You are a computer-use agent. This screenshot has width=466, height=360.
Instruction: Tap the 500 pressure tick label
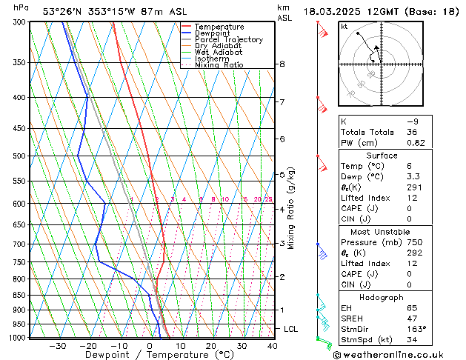click(19, 156)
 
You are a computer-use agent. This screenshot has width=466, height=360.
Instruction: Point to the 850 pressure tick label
click(19, 295)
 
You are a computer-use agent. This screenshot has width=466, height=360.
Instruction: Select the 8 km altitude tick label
click(282, 64)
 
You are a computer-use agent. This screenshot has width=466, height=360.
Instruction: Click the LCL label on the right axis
click(291, 328)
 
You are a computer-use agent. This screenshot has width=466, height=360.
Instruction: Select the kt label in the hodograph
click(344, 26)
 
